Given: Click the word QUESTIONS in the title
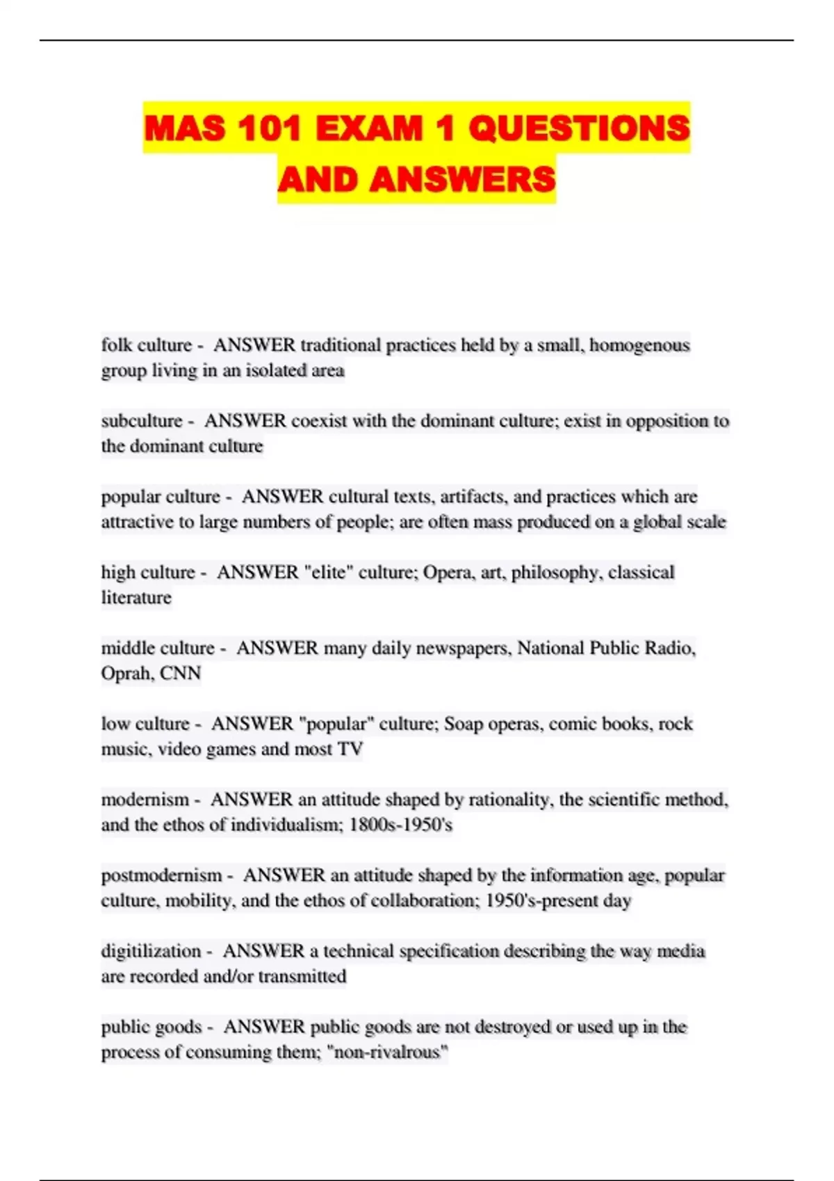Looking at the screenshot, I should coord(579,129).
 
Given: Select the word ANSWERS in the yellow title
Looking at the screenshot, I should coord(462,179).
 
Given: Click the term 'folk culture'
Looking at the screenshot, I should coord(146,345).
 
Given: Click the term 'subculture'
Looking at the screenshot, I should coord(141,421).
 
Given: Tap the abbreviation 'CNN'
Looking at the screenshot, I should coord(180,673).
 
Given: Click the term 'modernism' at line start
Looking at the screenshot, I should coord(145,800).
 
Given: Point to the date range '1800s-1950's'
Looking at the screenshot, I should coord(400,825).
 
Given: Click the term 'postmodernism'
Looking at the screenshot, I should coord(161,875).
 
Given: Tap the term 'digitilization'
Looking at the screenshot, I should coord(151,951).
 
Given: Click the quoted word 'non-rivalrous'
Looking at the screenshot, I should coord(387,1052).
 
